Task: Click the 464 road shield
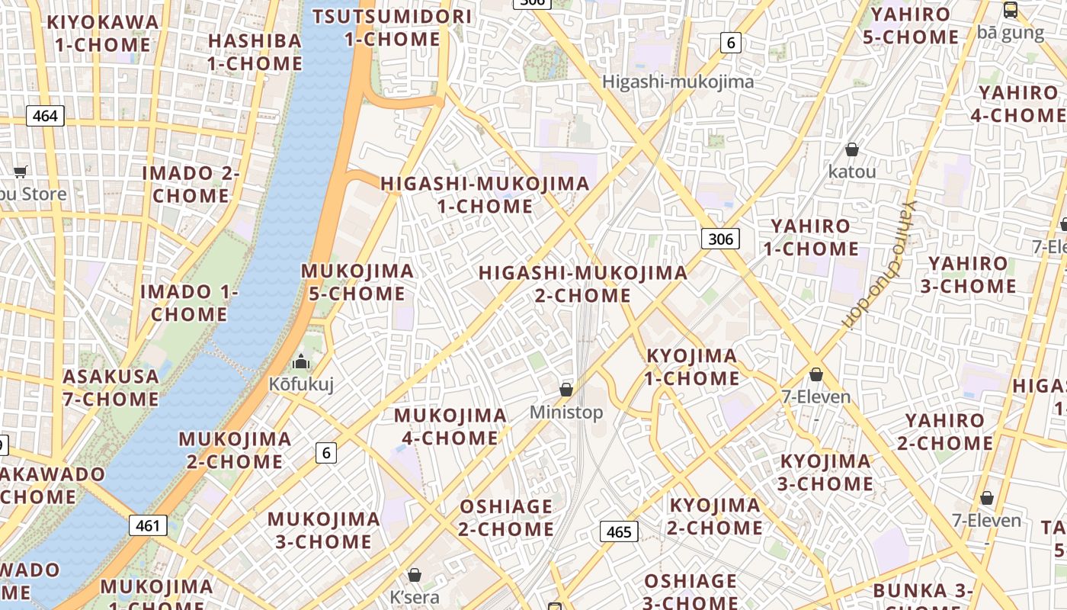(x=46, y=116)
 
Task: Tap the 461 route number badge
(x=148, y=525)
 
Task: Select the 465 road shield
(x=619, y=531)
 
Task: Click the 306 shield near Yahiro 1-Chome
(x=720, y=239)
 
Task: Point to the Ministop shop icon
(x=566, y=390)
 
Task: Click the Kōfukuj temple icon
(x=301, y=361)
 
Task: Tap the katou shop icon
(x=851, y=149)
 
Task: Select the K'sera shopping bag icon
(x=415, y=574)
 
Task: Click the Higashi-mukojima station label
(x=678, y=82)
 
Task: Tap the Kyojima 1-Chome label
(x=692, y=367)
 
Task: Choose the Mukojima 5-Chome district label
(x=357, y=282)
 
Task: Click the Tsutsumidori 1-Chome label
(x=392, y=27)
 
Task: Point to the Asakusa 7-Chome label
(x=111, y=387)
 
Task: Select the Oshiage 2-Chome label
(x=506, y=517)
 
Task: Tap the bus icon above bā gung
(x=1010, y=11)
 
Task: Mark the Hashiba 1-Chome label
(x=255, y=52)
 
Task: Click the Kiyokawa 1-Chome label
(x=103, y=33)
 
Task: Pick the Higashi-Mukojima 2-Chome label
(x=583, y=284)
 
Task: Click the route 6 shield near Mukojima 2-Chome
(x=326, y=453)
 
